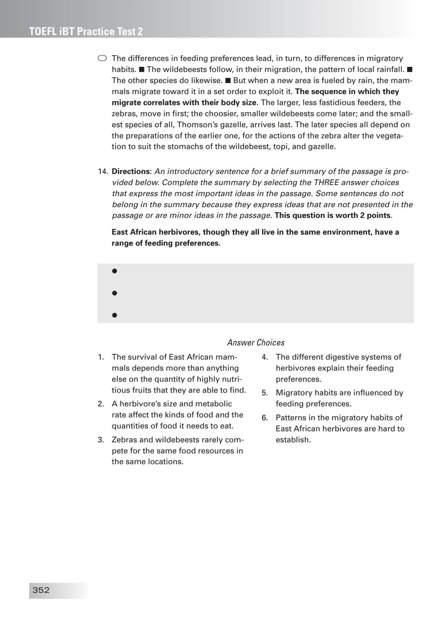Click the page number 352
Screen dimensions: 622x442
pos(41,590)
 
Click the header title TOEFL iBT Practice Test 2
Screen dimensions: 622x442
pos(86,32)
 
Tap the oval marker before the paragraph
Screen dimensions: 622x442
pos(102,59)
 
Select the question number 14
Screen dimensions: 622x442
pos(102,172)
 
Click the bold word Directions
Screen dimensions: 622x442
pos(131,172)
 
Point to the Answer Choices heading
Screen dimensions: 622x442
pos(256,343)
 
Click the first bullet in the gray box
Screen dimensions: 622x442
pos(115,271)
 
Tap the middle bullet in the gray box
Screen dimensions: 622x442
pos(115,293)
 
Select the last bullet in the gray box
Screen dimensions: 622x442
pos(115,315)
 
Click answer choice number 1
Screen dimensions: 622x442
pos(101,357)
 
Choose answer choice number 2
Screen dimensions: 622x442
pos(101,404)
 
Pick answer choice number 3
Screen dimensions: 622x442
pos(101,440)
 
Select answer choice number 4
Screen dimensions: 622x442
pos(265,357)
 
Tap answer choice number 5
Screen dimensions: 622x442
pos(265,393)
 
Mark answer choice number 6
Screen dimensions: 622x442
pos(265,418)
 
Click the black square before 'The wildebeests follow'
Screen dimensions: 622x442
pos(142,70)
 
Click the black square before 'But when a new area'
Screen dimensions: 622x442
pos(228,81)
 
